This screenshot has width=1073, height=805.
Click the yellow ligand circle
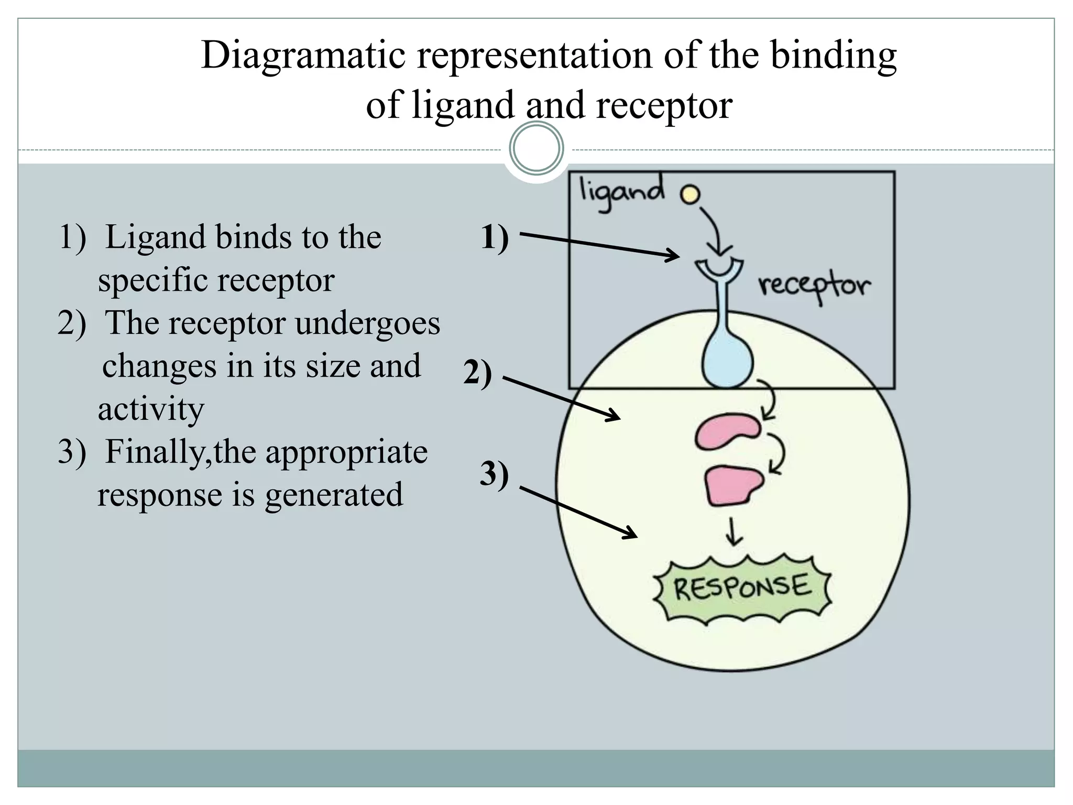[690, 195]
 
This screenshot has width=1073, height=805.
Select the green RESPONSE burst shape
[742, 588]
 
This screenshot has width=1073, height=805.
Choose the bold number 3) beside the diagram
[494, 474]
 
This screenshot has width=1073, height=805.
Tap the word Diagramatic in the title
[303, 55]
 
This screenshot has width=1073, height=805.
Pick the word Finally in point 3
[155, 452]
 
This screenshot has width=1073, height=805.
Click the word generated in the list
[334, 494]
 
